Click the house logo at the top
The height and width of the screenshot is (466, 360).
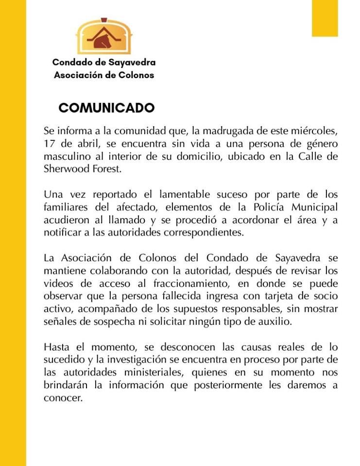click(x=104, y=36)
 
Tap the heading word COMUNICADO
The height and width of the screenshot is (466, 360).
click(x=106, y=108)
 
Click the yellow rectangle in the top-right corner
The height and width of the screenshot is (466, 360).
click(x=325, y=18)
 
